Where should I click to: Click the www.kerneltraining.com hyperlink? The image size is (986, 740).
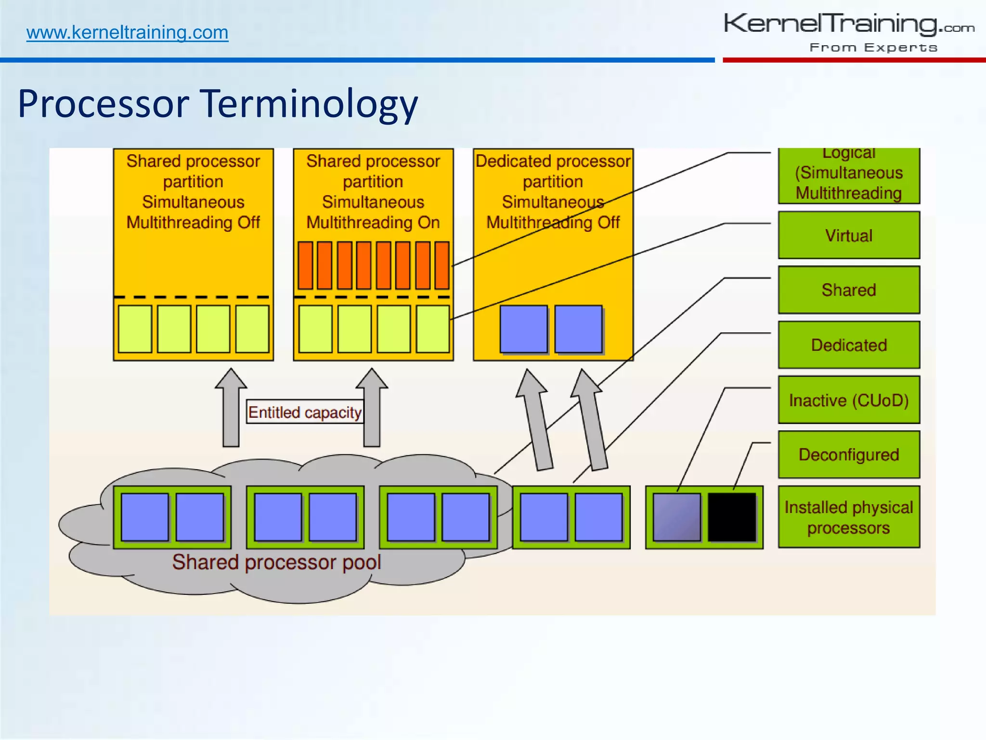tap(127, 33)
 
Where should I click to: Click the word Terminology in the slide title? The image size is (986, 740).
tap(309, 104)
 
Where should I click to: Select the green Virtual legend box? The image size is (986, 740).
tap(849, 236)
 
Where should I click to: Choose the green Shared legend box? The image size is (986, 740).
tap(849, 290)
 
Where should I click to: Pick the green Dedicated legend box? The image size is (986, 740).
tap(849, 345)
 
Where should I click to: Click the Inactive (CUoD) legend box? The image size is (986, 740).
tap(849, 400)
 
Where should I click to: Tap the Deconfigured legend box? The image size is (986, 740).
tap(849, 455)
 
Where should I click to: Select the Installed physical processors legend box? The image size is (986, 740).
tap(849, 517)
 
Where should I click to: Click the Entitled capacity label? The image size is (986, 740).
tap(305, 412)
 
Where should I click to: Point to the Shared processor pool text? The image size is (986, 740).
tap(276, 562)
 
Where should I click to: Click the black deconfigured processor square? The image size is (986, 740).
tap(732, 517)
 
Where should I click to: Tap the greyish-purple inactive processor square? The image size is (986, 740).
tap(677, 517)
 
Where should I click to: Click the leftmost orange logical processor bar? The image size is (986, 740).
tap(305, 265)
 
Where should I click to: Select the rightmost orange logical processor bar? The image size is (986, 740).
tap(442, 265)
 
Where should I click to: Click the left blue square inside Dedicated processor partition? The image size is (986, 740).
tap(523, 329)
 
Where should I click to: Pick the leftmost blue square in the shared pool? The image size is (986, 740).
tap(145, 517)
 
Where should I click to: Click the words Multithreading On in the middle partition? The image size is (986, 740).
tap(373, 223)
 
